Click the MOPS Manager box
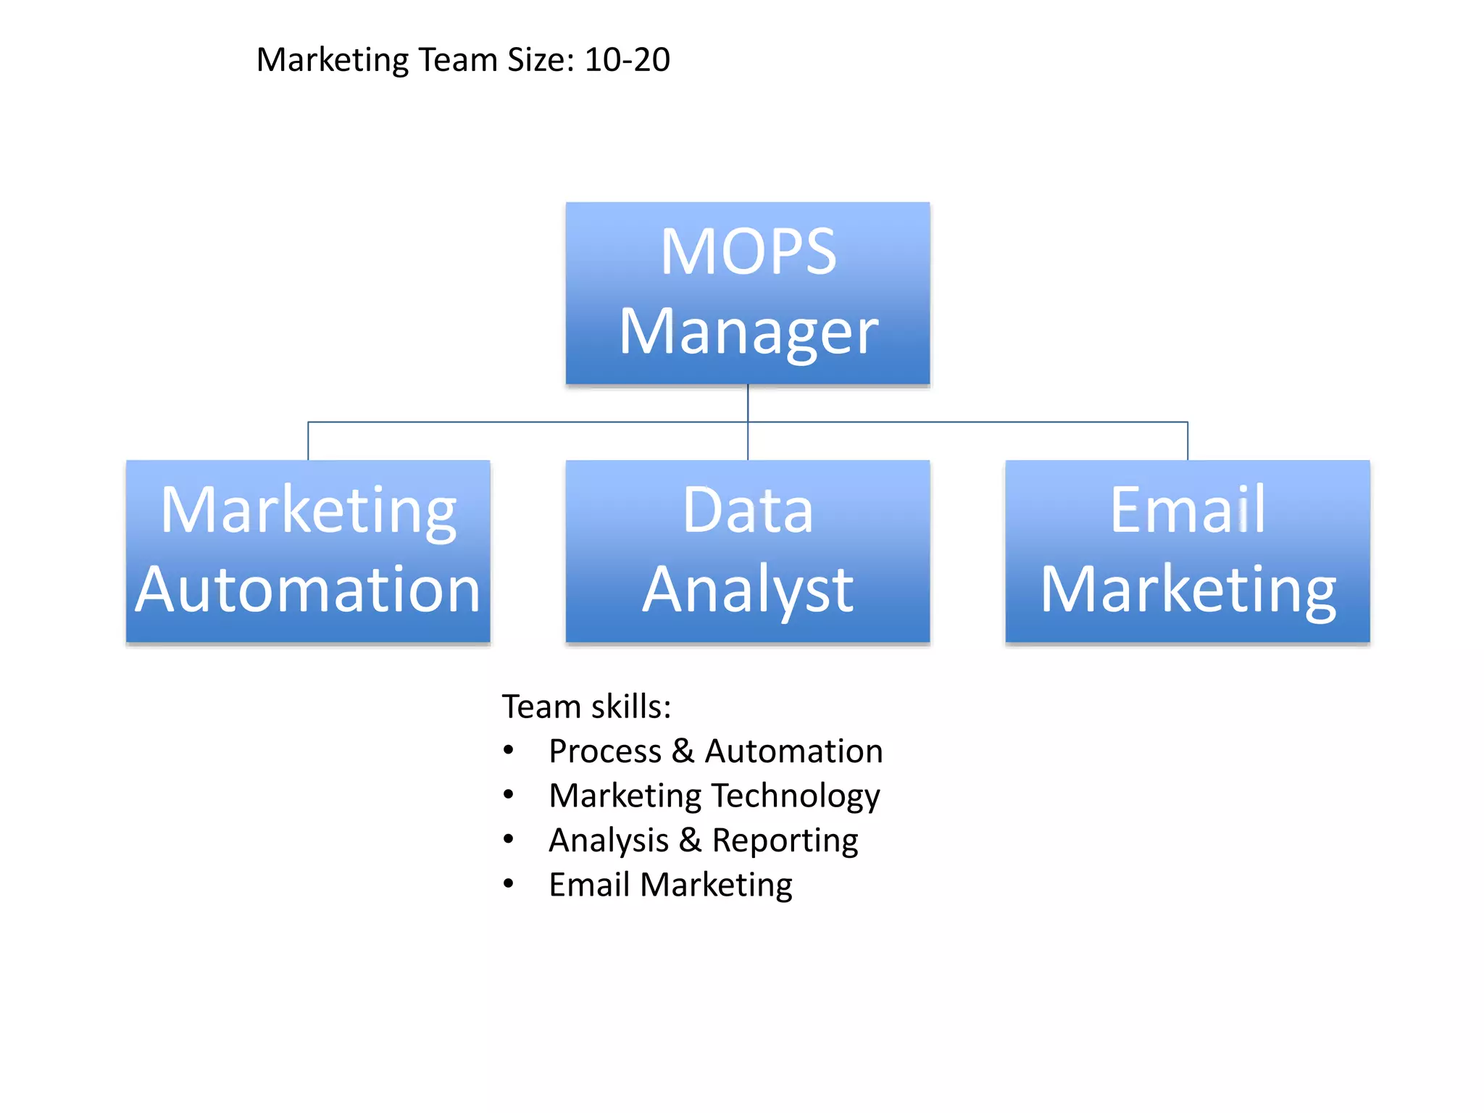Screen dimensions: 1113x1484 pos(747,293)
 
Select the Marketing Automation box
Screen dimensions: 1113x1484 pos(308,551)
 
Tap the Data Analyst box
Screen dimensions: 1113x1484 pos(747,551)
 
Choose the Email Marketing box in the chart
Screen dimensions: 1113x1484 pos(1187,551)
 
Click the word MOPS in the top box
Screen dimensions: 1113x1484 pos(747,251)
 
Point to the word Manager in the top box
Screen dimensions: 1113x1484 pos(747,333)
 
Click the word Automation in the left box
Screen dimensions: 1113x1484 pos(308,590)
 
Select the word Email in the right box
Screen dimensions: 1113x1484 pos(1187,509)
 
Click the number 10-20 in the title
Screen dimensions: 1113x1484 pos(627,59)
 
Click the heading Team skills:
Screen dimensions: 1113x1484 pos(586,706)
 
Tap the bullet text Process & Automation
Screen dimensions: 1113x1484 pos(715,751)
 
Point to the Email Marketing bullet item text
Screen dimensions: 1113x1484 pos(670,885)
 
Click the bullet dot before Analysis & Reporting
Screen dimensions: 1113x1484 pos(509,840)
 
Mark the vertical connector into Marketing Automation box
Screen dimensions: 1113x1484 pos(308,441)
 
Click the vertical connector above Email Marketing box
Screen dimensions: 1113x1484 pos(1187,441)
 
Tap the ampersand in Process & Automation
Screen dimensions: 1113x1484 pos(683,751)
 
